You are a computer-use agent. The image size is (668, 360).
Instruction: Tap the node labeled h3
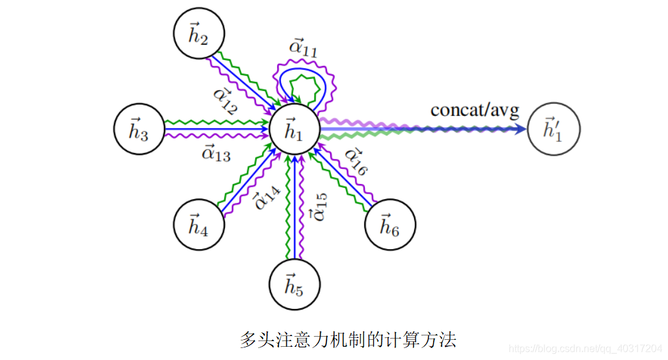click(139, 130)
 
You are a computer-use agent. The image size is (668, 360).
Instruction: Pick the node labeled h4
click(199, 224)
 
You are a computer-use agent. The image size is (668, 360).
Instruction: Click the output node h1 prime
click(554, 129)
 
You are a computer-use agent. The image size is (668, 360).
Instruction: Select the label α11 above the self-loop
click(303, 48)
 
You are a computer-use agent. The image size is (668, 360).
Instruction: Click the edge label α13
click(216, 153)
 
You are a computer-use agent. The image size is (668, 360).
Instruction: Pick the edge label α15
click(318, 207)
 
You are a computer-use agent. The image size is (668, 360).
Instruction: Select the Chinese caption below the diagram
click(348, 340)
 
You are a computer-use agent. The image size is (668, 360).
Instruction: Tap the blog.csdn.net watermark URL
click(585, 348)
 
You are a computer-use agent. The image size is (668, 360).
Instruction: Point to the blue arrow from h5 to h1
click(294, 208)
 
